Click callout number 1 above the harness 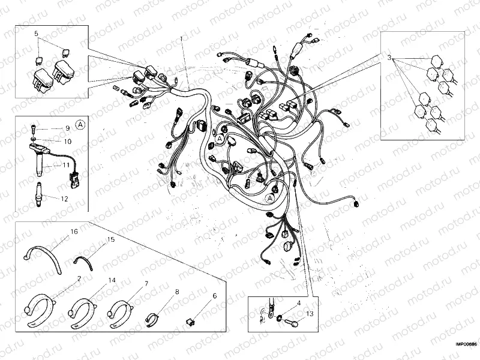tap(181, 39)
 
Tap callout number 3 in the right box tap(389, 59)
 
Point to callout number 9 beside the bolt tap(67, 128)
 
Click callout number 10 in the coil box tap(67, 141)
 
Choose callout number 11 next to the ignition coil tap(67, 165)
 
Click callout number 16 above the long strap tap(74, 231)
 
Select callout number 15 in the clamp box tap(110, 239)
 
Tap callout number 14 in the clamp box tap(112, 280)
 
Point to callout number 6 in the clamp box tap(214, 296)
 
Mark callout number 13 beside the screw tap(309, 314)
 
